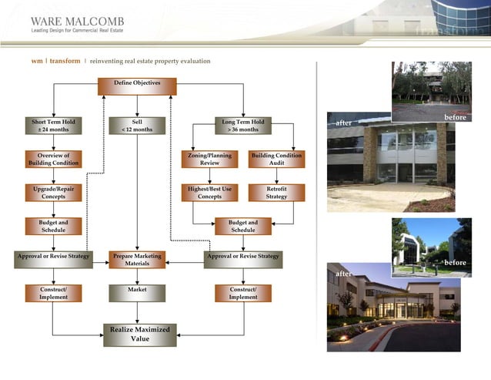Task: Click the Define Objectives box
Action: click(137, 86)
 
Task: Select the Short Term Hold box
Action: click(54, 126)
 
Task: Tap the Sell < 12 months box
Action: click(137, 126)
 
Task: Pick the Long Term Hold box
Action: click(243, 126)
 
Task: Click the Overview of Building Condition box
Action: click(54, 159)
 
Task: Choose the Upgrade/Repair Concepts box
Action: click(54, 192)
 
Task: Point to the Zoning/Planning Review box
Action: click(209, 159)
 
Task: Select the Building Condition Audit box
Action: click(276, 159)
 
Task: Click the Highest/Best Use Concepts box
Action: click(209, 192)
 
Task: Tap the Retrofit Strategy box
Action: click(276, 192)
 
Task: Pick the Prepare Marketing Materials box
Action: click(137, 260)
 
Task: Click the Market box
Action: click(137, 293)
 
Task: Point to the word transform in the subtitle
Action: click(65, 61)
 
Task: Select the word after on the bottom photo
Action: click(344, 274)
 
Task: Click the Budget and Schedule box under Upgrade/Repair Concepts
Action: click(54, 226)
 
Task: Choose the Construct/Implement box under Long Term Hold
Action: click(243, 293)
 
